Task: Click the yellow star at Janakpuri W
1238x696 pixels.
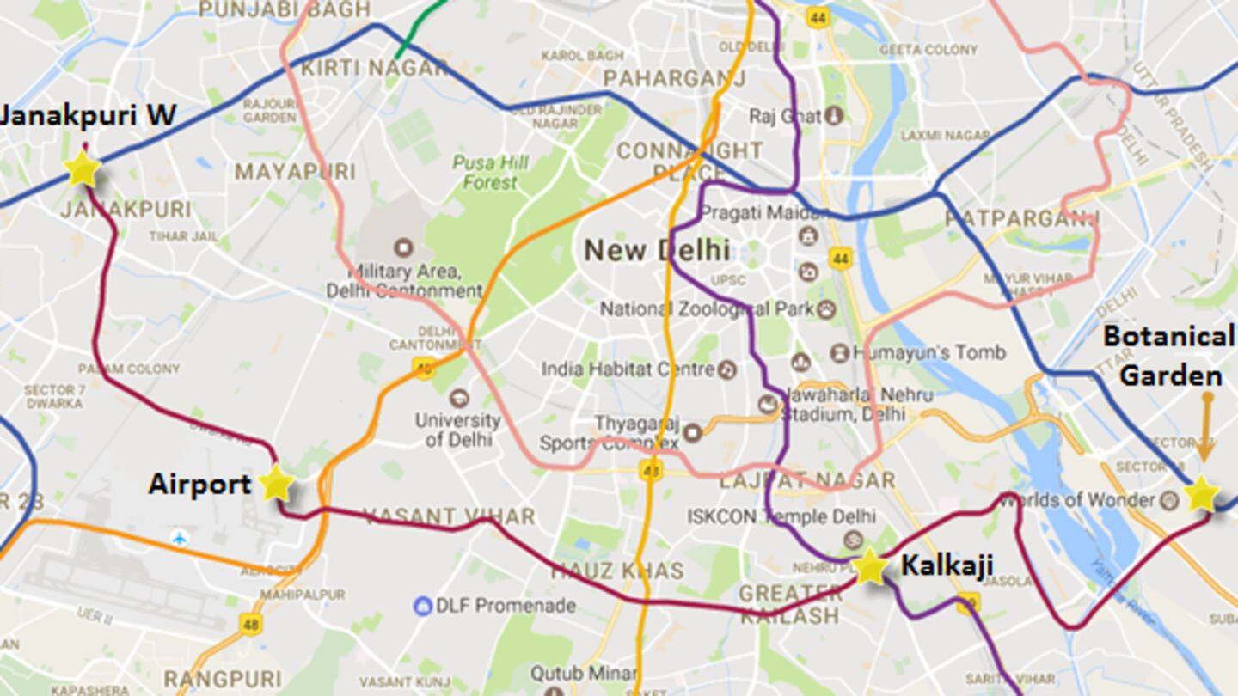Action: [83, 168]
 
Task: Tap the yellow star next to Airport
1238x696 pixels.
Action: [276, 484]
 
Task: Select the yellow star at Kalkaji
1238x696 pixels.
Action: [870, 567]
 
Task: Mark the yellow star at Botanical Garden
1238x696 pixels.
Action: [1201, 495]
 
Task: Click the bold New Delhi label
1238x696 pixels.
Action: [657, 251]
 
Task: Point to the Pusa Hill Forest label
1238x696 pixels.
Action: [491, 172]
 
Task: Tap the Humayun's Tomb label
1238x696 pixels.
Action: [929, 352]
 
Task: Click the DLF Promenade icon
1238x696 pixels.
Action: [422, 606]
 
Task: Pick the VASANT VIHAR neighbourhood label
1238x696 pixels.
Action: [449, 516]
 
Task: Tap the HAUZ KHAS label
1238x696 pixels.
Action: [617, 571]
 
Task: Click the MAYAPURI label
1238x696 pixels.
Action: [295, 172]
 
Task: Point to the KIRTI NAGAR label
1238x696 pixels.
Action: [375, 67]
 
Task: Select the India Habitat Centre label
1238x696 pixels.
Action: [628, 369]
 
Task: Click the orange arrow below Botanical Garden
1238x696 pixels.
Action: [1207, 426]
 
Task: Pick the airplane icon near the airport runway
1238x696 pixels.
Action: [180, 538]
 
